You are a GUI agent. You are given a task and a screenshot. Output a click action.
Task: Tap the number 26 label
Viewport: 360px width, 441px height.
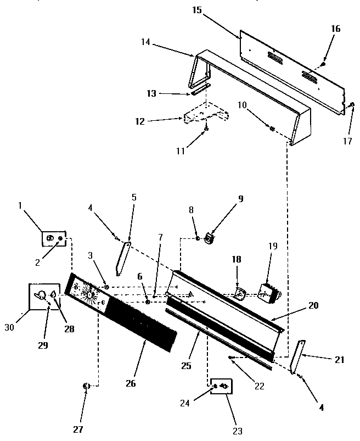[x=130, y=383]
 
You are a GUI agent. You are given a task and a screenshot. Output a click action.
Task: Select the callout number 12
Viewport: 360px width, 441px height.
[x=140, y=121]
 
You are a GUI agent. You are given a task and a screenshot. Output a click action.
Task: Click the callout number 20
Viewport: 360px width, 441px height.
[x=313, y=305]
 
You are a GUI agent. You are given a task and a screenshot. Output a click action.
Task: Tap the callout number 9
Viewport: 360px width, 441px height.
[x=240, y=199]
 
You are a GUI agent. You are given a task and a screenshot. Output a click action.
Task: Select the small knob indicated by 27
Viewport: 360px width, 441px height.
[x=86, y=387]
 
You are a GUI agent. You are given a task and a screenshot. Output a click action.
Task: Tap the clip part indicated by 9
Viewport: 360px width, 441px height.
[x=209, y=238]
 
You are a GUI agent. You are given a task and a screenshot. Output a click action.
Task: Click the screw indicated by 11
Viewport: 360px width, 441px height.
[x=206, y=128]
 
